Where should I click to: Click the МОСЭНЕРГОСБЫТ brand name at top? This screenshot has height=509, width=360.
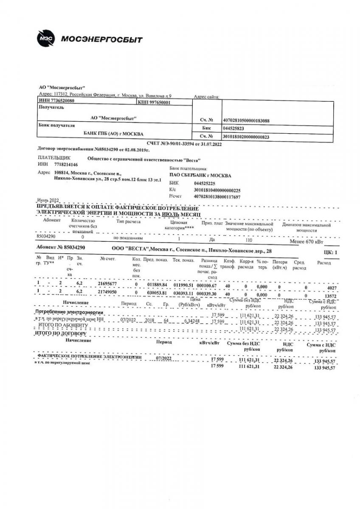tap(102, 40)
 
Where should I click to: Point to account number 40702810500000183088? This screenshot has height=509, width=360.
tap(246, 120)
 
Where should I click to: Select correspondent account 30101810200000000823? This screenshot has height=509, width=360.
tap(246, 137)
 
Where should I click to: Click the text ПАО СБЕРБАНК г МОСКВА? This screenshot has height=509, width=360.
tap(200, 175)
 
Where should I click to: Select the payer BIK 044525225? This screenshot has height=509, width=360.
tap(205, 184)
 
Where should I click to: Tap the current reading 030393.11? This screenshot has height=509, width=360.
tap(184, 293)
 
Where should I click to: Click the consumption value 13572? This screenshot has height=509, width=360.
tap(329, 296)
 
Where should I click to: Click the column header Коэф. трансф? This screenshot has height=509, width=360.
tap(229, 264)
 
